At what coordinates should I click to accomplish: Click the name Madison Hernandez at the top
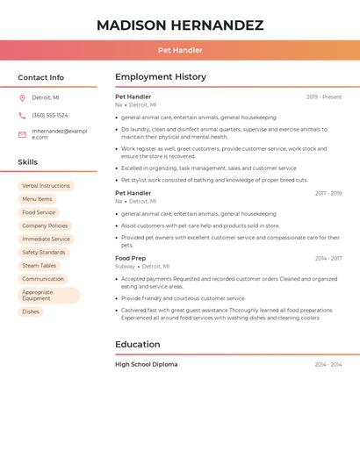point(180,25)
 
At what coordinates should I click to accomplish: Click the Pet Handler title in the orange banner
point(180,51)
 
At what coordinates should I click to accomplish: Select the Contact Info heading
point(41,77)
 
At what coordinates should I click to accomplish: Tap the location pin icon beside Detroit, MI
point(22,98)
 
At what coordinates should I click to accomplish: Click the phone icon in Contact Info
point(22,116)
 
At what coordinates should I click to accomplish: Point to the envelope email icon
point(22,134)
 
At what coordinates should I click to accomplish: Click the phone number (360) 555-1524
point(49,116)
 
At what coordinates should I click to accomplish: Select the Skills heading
point(28,162)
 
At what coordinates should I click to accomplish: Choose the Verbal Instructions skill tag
point(46,186)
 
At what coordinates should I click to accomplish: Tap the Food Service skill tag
point(39,212)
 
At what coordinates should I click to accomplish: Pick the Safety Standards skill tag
point(43,253)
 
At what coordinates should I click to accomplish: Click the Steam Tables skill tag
point(39,266)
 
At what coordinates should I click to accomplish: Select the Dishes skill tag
point(31,311)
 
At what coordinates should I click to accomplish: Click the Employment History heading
point(161,77)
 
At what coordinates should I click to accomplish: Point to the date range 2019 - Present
point(324,97)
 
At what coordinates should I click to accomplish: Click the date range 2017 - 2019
point(328,193)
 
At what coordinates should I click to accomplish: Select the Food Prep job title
point(131,259)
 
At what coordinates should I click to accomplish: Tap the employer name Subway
point(125,266)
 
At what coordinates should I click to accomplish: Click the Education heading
point(138,345)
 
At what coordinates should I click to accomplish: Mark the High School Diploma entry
point(146,364)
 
